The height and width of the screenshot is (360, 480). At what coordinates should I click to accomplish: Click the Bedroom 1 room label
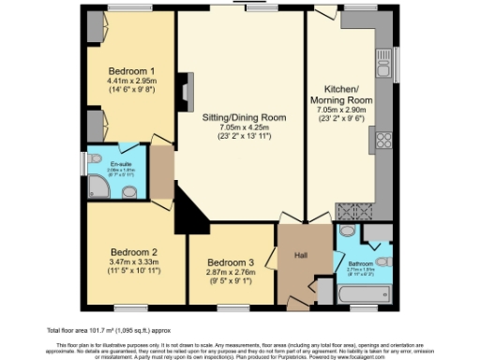(131, 71)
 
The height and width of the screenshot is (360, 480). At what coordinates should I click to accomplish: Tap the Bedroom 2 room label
(133, 252)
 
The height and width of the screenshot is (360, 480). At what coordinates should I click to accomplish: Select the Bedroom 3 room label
(230, 262)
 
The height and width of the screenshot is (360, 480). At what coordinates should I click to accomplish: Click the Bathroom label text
(360, 264)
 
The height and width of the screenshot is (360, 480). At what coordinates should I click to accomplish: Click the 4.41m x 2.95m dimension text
(131, 82)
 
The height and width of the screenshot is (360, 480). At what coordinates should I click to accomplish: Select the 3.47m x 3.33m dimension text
(133, 262)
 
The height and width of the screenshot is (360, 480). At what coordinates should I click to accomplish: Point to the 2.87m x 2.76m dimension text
(230, 272)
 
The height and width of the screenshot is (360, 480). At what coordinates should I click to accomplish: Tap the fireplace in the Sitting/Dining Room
(187, 93)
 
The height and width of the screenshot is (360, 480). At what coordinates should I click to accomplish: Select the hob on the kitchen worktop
(382, 142)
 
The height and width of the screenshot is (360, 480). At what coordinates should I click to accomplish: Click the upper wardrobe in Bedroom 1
(95, 29)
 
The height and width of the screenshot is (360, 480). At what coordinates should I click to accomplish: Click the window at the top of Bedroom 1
(132, 8)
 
